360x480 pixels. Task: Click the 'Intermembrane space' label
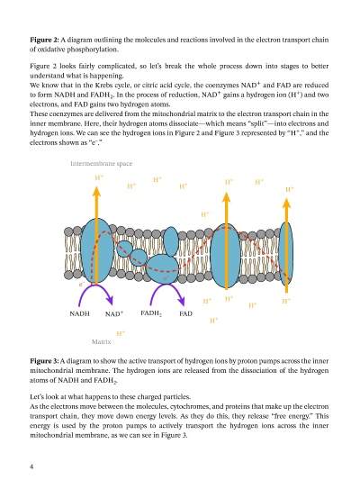[x=101, y=164]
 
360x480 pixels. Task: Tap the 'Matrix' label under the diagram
[x=101, y=342]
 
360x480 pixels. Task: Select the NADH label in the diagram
[x=79, y=314]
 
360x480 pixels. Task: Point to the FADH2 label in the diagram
[x=150, y=313]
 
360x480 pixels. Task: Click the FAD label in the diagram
[x=185, y=314]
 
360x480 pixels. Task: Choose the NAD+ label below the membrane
[x=114, y=314]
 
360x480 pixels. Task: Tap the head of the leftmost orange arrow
[x=97, y=192]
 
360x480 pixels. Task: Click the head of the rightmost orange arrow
[x=286, y=202]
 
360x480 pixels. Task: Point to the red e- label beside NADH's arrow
[x=81, y=285]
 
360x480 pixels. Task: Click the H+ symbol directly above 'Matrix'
[x=120, y=332]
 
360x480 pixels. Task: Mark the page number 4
[x=31, y=466]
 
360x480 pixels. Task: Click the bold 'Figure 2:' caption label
[x=45, y=41]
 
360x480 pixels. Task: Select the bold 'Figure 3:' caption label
[x=45, y=359]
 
